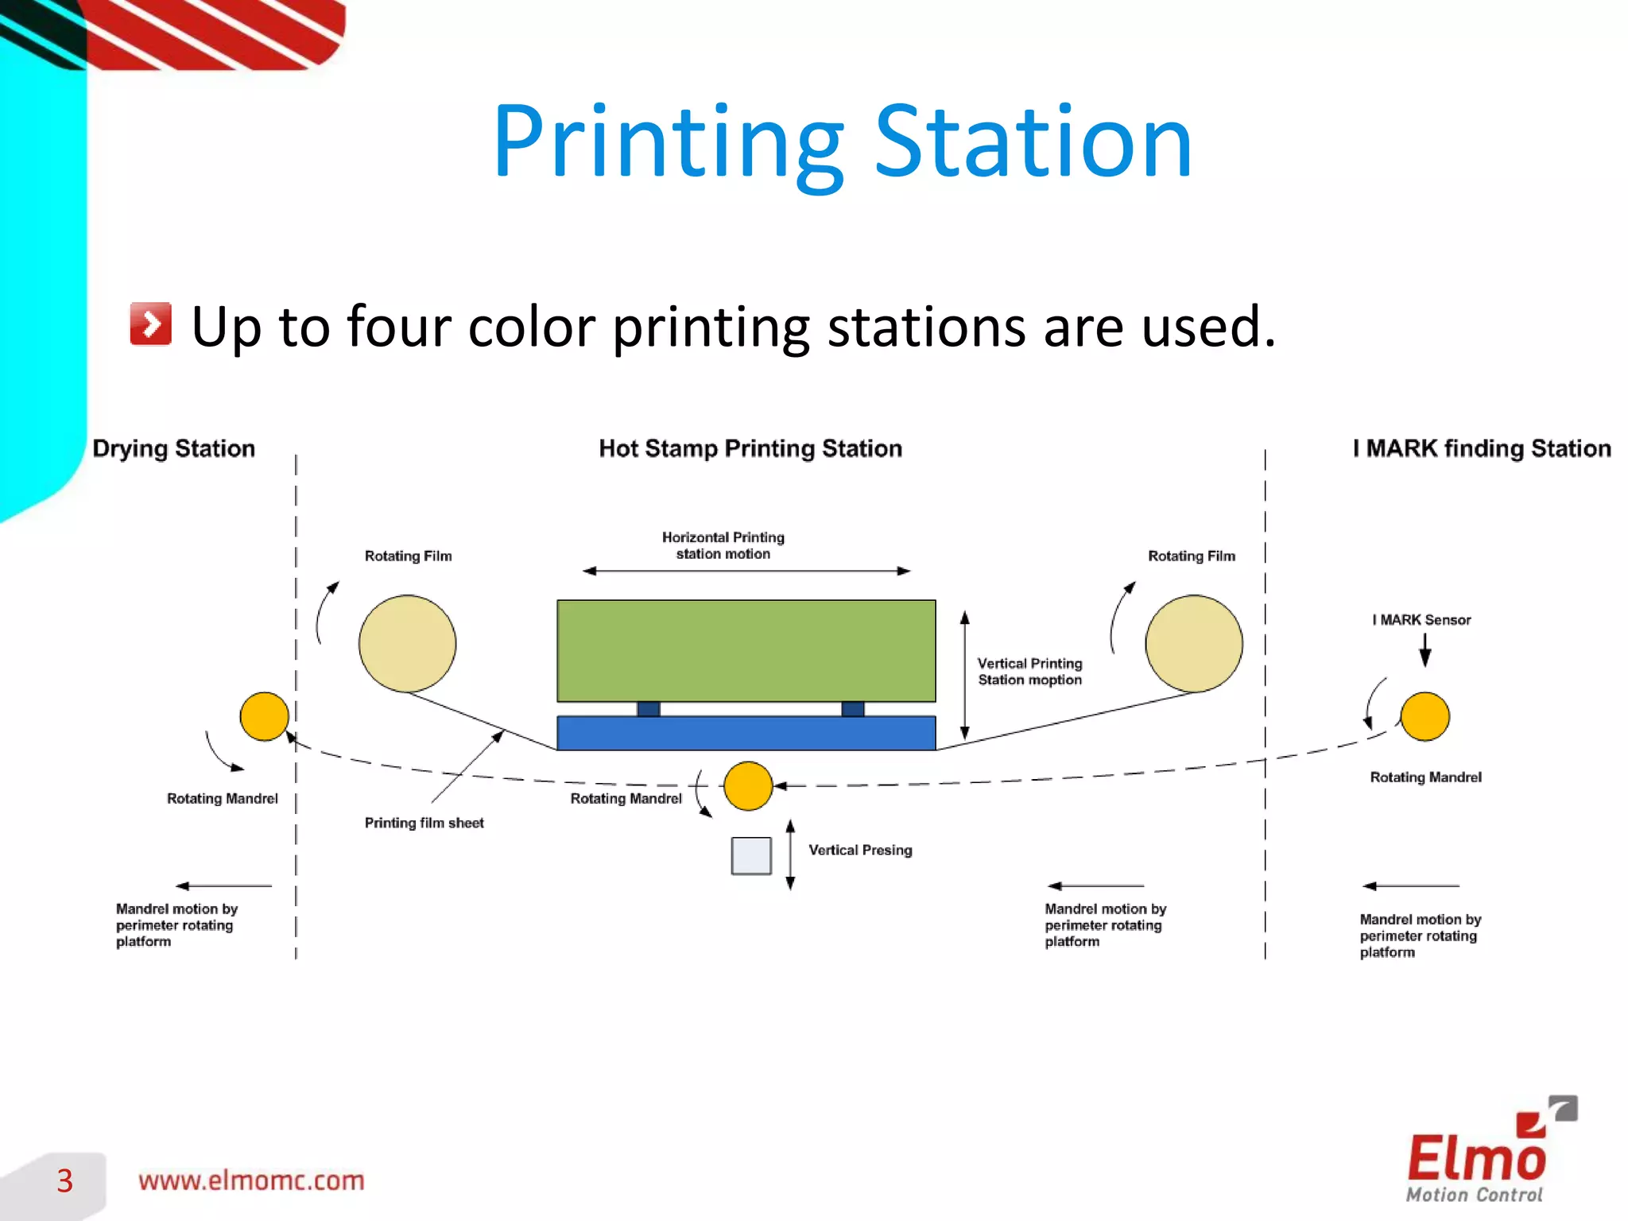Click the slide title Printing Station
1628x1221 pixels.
pos(843,143)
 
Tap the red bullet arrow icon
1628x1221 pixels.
pos(151,324)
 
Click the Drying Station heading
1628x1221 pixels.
pos(174,448)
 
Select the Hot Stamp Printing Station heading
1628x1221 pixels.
pos(750,448)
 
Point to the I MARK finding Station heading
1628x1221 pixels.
pos(1482,448)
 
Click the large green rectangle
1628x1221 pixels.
pos(746,650)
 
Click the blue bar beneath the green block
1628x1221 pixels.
pos(746,733)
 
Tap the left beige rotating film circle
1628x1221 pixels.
pos(407,643)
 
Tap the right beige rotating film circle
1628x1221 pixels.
pos(1194,643)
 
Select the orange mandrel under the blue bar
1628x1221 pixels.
pos(748,786)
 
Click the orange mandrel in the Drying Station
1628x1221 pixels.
pos(264,716)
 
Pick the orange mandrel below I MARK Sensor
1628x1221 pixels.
pos(1424,716)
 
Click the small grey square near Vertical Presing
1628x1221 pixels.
pos(751,856)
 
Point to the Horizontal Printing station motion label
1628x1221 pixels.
pos(723,545)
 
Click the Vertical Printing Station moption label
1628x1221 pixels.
pos(1029,671)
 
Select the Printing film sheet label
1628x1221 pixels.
pos(424,823)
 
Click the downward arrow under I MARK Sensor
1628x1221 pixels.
pos(1425,650)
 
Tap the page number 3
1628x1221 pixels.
pos(64,1180)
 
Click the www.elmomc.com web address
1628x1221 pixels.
pos(251,1180)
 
